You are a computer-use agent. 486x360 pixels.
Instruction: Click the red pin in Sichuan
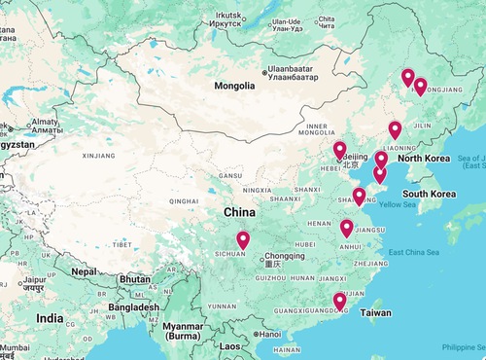243,239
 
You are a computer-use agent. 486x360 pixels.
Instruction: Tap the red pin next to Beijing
340,150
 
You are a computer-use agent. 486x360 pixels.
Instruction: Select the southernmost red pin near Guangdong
339,301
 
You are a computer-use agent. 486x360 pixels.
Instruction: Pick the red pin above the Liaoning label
395,129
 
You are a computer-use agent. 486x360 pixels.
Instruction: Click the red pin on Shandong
359,196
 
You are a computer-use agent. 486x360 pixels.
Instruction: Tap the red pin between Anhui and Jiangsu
347,228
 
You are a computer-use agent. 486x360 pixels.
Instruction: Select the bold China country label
240,211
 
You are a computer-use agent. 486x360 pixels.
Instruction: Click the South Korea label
430,194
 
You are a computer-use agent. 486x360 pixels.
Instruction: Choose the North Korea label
424,158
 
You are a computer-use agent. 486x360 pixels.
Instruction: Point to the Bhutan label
134,278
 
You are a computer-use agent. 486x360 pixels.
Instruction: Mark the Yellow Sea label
397,204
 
